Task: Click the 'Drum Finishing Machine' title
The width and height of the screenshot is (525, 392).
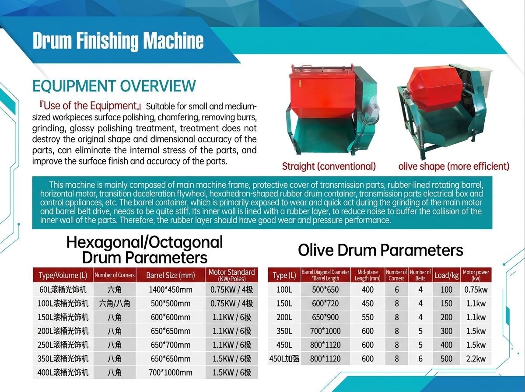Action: coord(118,41)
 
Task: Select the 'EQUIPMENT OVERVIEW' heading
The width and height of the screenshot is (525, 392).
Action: coord(114,86)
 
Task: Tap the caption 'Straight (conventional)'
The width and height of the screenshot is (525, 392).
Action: coord(329,166)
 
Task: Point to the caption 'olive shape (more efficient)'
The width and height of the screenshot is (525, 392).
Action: coord(454,166)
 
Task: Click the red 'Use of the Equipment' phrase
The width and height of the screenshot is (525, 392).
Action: coord(90,105)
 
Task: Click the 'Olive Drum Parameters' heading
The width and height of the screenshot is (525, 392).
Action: coord(380,250)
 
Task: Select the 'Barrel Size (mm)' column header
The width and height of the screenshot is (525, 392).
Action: coord(171,275)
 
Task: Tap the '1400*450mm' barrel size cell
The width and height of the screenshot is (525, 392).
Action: coord(171,290)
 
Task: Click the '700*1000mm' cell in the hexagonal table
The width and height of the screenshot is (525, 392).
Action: coord(171,372)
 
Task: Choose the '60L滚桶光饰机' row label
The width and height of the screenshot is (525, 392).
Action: coord(63,290)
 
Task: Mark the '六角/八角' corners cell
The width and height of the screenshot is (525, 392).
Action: coord(115,304)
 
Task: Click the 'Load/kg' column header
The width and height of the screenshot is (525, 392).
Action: coord(446,275)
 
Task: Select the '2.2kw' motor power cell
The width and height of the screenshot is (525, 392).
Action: coord(476,358)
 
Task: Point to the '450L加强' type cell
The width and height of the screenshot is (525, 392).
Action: coord(284,358)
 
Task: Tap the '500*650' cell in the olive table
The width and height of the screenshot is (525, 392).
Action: coord(325,290)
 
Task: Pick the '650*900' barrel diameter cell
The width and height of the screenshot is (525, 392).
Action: coord(325,317)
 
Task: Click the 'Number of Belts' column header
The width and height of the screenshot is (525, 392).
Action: coord(420,275)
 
